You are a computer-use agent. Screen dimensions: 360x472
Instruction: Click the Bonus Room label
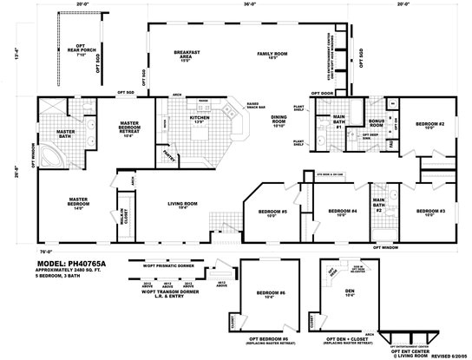(x=352, y=121)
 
